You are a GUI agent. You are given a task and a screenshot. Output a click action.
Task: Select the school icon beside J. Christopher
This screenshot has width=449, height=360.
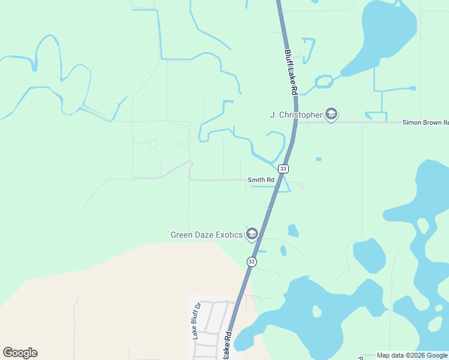point(331,114)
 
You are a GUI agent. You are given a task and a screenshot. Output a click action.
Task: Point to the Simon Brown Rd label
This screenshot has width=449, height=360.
point(425,122)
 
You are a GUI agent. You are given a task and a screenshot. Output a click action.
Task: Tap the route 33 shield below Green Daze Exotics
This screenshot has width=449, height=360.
point(252,262)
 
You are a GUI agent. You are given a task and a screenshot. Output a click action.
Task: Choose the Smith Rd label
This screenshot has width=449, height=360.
point(261,179)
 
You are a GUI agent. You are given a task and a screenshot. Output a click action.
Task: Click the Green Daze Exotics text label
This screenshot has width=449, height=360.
point(207,234)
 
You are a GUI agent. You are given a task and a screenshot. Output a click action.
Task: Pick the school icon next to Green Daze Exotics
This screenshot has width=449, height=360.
point(252,233)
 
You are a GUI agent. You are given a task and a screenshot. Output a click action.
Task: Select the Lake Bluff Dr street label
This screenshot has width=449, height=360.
point(196,322)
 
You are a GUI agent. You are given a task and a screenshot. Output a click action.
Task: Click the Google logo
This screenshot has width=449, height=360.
point(20,353)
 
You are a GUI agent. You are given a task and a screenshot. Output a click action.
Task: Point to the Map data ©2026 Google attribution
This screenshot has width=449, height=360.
point(412,356)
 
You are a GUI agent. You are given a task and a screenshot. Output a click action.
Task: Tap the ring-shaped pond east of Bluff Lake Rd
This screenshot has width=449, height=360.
point(324,81)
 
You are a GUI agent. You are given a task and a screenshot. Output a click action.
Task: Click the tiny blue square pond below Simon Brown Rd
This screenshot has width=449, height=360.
point(318,159)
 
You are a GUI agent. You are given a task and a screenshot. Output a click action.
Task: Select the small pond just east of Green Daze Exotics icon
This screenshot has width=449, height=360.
point(293,230)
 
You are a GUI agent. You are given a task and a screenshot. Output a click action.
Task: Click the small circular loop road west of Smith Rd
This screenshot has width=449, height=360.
point(153,143)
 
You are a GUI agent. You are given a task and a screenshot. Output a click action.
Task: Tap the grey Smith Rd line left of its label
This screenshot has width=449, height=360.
point(216,179)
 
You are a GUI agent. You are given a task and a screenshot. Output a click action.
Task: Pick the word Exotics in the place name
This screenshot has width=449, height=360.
point(228,234)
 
